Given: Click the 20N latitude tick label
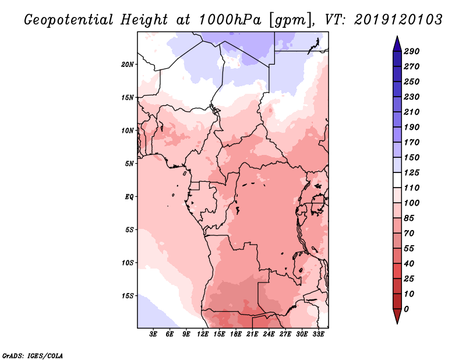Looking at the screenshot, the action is click(128, 65).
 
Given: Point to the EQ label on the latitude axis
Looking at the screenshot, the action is click(129, 197).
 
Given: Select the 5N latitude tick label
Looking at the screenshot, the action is click(129, 164).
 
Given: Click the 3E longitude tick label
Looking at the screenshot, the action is click(153, 334).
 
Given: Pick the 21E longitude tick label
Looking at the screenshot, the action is click(252, 334).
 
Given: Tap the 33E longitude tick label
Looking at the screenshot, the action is click(318, 334).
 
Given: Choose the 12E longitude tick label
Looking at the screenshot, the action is click(203, 334).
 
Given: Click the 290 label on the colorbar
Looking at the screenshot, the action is click(412, 51).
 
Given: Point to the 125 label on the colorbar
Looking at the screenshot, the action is click(412, 172).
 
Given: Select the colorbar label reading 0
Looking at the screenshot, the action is click(406, 309).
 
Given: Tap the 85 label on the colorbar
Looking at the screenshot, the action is click(409, 218).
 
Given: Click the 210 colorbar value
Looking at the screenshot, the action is click(412, 112).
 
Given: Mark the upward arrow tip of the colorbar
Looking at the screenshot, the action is click(397, 36).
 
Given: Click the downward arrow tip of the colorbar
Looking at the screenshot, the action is click(397, 323).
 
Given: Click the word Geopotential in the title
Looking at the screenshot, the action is click(69, 20).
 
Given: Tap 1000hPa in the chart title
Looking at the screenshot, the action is click(230, 20).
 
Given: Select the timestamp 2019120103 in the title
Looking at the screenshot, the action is click(398, 20).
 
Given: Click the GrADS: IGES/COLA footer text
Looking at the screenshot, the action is click(33, 356).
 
